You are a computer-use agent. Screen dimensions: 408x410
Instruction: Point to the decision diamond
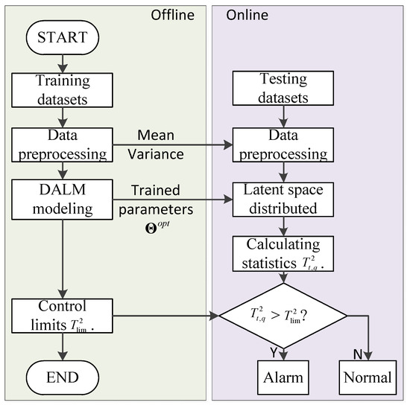click(282, 316)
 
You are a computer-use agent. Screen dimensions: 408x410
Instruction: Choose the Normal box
click(367, 377)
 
